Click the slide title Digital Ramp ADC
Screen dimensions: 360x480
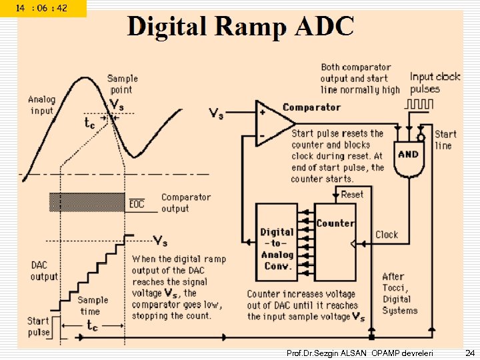point(241,27)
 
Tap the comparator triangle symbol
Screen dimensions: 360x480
point(273,123)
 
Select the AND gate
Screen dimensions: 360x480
point(408,155)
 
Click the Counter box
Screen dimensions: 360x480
point(335,242)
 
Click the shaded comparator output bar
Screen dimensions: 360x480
point(87,203)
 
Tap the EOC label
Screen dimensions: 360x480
point(137,203)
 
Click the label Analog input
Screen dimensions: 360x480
point(41,105)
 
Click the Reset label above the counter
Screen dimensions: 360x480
point(352,194)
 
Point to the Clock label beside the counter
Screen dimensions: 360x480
point(387,235)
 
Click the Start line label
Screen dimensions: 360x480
point(445,140)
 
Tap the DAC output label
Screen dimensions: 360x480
point(44,271)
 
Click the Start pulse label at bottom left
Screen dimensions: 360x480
point(38,327)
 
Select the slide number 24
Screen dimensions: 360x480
point(469,352)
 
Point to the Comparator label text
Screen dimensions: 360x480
point(311,107)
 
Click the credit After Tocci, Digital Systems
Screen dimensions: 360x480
point(399,293)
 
